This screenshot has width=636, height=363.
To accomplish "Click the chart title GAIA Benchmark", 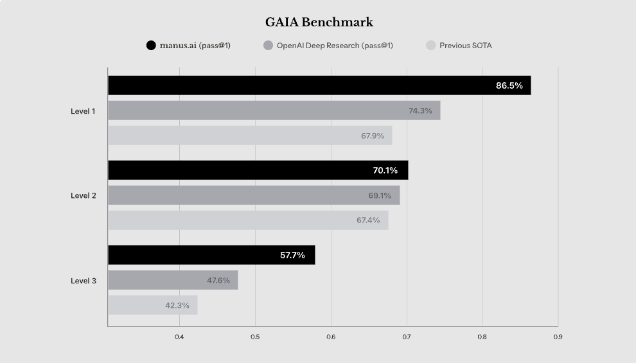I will click(x=319, y=22).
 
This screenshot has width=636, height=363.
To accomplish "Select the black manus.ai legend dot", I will click(x=151, y=46).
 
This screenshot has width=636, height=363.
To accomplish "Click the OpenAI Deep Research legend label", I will click(x=334, y=46).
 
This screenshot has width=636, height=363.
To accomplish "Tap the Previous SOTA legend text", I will click(x=465, y=46).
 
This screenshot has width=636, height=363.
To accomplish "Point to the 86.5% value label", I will click(x=509, y=85).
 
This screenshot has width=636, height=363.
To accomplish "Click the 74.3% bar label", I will click(x=420, y=111).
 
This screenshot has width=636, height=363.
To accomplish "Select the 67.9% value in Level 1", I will click(x=373, y=136).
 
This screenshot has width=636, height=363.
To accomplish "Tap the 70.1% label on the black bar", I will click(x=385, y=170).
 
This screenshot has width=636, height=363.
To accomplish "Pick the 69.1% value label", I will click(x=378, y=195).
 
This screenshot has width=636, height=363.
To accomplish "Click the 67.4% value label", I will click(x=368, y=220).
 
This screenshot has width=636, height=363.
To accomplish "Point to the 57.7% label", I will click(x=292, y=255).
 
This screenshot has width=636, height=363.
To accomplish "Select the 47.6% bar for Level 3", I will click(x=173, y=280).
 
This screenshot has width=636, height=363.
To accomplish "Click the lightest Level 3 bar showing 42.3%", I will click(x=152, y=305).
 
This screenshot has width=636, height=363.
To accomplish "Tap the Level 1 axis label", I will click(x=83, y=111).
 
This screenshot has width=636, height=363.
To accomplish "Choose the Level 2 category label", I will click(x=83, y=195).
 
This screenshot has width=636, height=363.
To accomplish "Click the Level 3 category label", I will click(x=83, y=281).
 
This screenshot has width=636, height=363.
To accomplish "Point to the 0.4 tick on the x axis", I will click(x=179, y=337).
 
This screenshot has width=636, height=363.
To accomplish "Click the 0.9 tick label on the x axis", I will click(x=558, y=337).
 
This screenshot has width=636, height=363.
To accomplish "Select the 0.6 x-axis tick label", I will click(x=331, y=337).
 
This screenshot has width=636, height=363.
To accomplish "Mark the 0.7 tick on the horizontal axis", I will click(x=407, y=337).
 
